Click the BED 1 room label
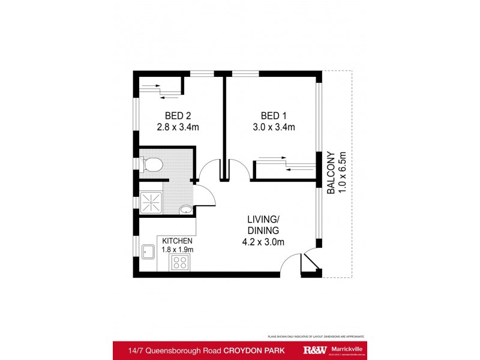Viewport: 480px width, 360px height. [x=274, y=115]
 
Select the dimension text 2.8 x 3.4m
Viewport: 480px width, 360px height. [x=178, y=127]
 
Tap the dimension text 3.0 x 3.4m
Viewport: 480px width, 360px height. [x=274, y=127]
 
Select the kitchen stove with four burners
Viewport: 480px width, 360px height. [x=180, y=262]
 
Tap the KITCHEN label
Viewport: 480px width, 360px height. [x=178, y=241]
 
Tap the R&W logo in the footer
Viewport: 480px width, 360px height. [x=316, y=350]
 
